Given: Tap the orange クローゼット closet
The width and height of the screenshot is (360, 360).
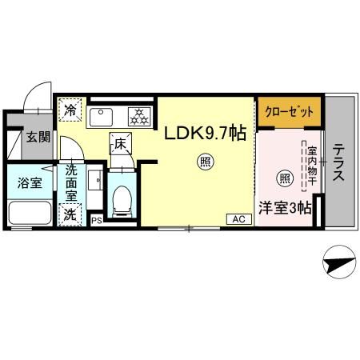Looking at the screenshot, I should click(290, 111).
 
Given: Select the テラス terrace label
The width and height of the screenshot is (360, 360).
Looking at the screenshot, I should click(339, 163).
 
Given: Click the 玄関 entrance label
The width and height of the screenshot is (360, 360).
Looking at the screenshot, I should click(36, 137).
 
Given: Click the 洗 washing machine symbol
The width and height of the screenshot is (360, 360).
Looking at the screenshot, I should click(71, 214).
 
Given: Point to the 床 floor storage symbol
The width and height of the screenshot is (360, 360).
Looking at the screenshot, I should click(120, 145).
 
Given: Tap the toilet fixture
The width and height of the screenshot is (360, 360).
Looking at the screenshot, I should click(122, 201).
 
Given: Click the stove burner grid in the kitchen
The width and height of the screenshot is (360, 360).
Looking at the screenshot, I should click(141, 116).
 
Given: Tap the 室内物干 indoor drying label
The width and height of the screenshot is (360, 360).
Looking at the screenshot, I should click(310, 166).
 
